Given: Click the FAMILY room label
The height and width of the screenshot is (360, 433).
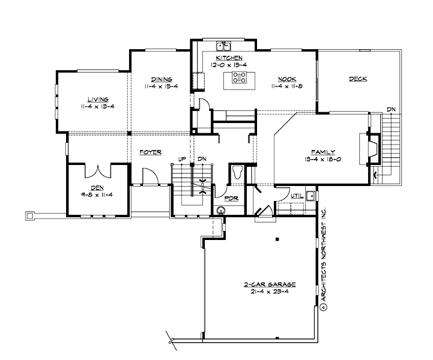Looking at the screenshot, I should (x=322, y=152).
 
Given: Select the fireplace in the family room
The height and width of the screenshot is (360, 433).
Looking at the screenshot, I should (x=372, y=148).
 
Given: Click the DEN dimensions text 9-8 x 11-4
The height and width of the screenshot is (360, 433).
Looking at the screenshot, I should (x=97, y=194).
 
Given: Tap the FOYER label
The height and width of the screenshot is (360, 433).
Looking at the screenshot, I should (x=150, y=152).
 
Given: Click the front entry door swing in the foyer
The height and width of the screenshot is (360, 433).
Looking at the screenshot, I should (x=148, y=176).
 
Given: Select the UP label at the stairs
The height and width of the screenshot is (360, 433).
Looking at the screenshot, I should (x=181, y=159).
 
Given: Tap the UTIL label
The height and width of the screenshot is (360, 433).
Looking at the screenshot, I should (x=297, y=196).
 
